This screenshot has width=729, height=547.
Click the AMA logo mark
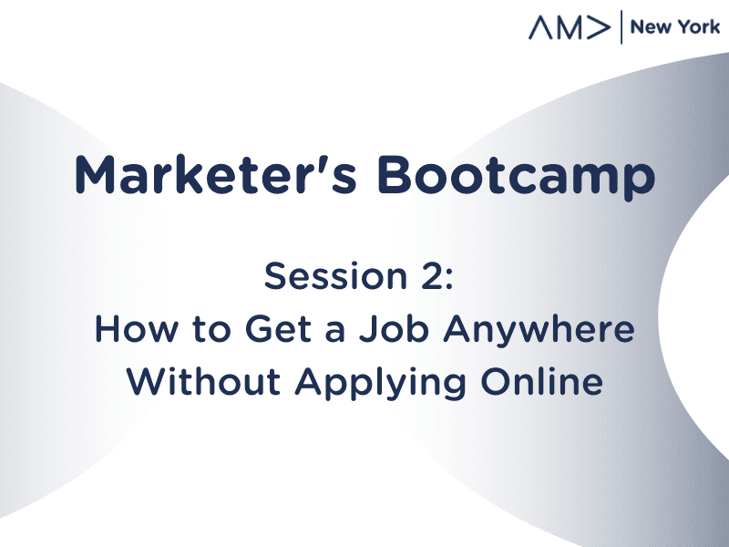[x=570, y=27]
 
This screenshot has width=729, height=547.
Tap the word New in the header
[x=645, y=27]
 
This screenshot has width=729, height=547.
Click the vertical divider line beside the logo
[x=621, y=27]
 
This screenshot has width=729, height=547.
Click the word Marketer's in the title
[x=216, y=174]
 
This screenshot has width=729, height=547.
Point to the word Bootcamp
[x=516, y=178]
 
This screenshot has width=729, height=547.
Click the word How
[x=136, y=329]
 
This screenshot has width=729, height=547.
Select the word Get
[x=278, y=329]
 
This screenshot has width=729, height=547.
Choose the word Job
[x=394, y=329]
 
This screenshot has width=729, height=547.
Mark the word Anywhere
[x=539, y=331]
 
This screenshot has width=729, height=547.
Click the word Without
[x=203, y=381]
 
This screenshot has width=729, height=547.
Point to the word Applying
[x=380, y=384]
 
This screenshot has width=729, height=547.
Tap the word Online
[x=541, y=381]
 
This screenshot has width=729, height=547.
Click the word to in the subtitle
[x=211, y=330]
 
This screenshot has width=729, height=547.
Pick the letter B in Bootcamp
[x=395, y=175]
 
